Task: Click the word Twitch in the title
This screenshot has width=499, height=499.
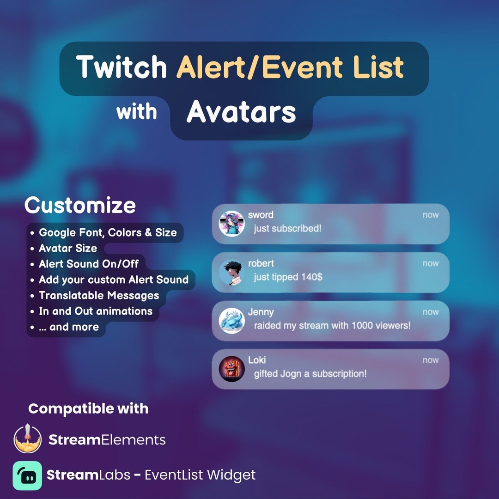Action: tap(122, 67)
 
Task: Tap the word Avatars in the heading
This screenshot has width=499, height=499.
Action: tap(241, 112)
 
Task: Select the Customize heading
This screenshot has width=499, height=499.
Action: tap(80, 205)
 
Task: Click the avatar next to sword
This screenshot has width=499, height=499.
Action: tap(231, 224)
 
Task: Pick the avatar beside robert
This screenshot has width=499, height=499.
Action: tap(231, 273)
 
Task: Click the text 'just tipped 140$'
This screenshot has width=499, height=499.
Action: tap(288, 277)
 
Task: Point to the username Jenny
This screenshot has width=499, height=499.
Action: tap(261, 312)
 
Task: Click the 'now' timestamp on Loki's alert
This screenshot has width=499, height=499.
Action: tap(431, 360)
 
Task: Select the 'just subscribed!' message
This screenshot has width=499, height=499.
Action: tap(287, 229)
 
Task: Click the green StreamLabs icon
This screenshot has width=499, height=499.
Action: tap(27, 475)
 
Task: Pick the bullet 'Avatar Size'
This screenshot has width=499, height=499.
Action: tap(68, 248)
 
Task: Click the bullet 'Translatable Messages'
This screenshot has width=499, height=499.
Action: tap(99, 295)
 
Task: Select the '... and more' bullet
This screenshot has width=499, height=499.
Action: tap(68, 327)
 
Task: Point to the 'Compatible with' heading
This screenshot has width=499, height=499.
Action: tap(88, 408)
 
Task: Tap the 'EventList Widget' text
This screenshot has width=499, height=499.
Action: tap(200, 475)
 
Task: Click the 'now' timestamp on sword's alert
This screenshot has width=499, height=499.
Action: tap(431, 215)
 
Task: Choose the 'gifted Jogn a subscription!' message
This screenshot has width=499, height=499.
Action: tap(310, 374)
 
